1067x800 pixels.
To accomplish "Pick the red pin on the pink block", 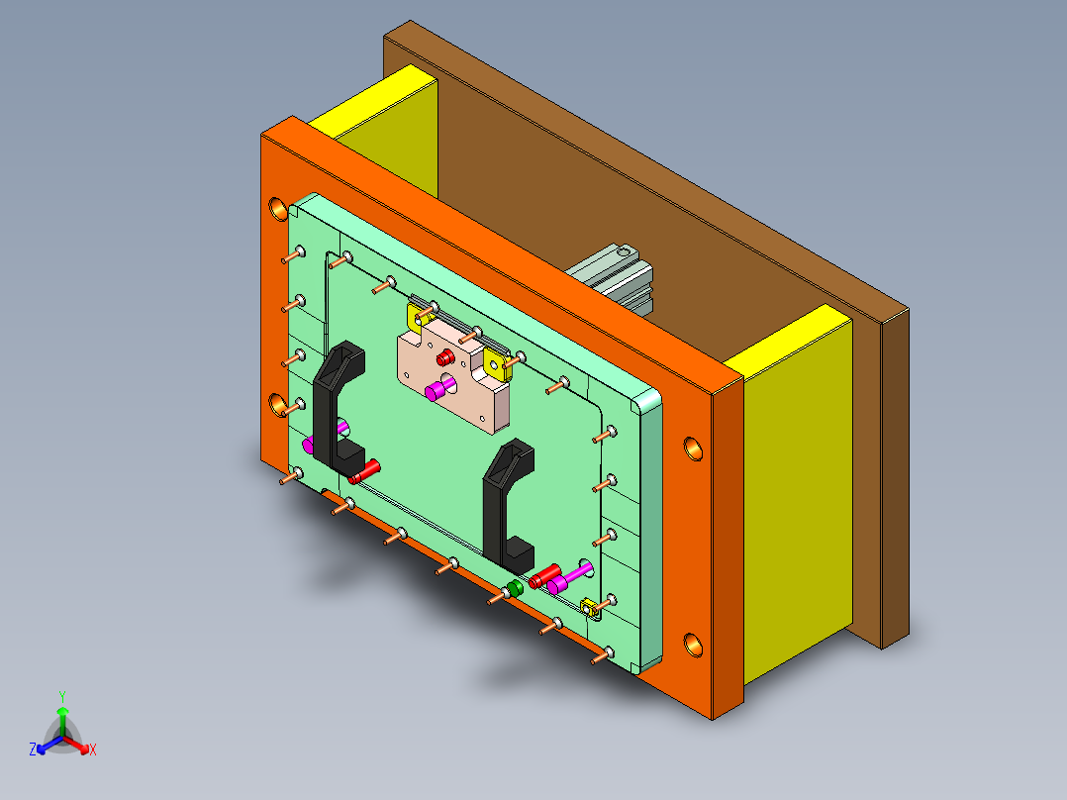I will pos(446,355).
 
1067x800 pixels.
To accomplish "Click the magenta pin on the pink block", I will pos(436,391).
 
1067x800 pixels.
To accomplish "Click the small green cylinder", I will pos(514,590).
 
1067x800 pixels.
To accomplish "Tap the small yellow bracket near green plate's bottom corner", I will pos(591,608).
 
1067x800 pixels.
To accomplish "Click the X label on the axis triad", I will pos(93,750).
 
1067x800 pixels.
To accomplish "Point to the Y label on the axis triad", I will pos(61,696).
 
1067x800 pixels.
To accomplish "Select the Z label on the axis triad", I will pos(33,750).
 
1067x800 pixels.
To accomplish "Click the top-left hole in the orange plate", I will pos(278,209).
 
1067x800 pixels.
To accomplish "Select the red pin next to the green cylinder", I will pos(542,577).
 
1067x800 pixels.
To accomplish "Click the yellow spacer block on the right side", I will pos(792,495).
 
